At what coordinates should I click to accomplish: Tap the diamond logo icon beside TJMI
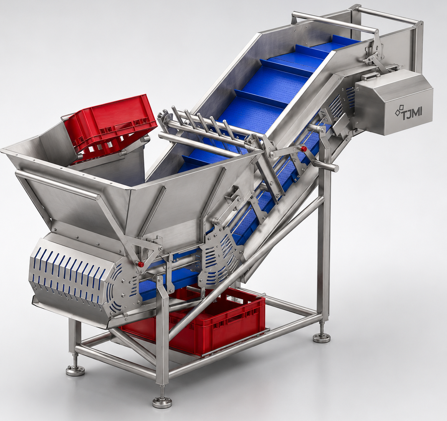398,111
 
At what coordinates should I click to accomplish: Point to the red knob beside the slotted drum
140,264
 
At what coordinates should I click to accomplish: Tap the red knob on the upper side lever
304,149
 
